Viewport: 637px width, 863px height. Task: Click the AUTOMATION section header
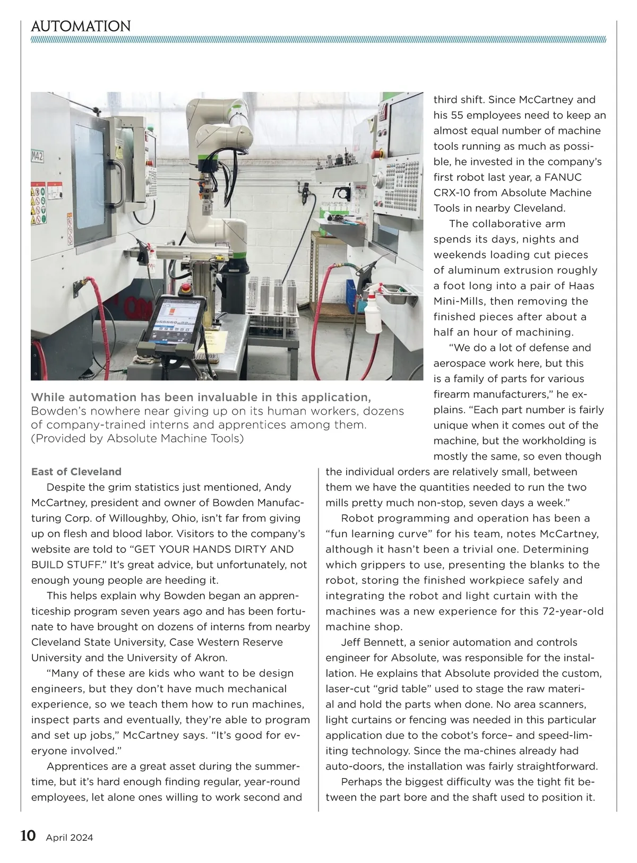tap(81, 26)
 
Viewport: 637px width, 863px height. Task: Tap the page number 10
tap(28, 836)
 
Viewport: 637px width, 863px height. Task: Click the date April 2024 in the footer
tap(70, 838)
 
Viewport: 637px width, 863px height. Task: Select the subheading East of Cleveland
tap(76, 471)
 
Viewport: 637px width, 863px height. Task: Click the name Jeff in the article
tap(350, 642)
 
